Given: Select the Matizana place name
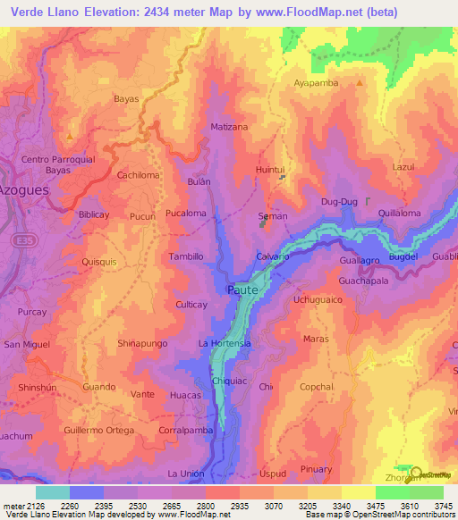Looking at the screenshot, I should click(x=228, y=128).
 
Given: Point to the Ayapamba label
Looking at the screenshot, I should click(x=318, y=83).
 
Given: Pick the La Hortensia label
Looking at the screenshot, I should click(x=225, y=343).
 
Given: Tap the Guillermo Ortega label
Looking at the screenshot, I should click(x=98, y=430).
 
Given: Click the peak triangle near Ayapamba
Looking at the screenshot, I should click(x=360, y=83).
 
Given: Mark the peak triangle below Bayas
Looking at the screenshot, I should click(x=70, y=136).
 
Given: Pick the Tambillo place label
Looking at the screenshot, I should click(x=186, y=256).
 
